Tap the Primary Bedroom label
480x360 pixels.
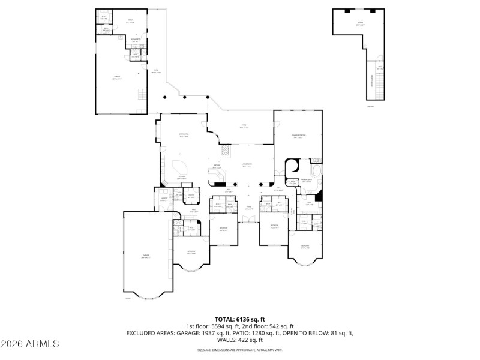pos(298,137)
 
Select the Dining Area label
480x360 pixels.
pos(184,136)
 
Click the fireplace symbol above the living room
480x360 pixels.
pos(225,150)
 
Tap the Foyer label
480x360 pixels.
pos(248,208)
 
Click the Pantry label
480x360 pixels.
pos(191,196)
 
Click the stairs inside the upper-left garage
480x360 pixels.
pos(142,95)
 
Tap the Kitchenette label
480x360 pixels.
pos(136,40)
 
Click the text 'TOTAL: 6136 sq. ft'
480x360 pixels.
pos(240,319)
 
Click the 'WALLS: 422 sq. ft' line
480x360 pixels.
pos(240,339)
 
